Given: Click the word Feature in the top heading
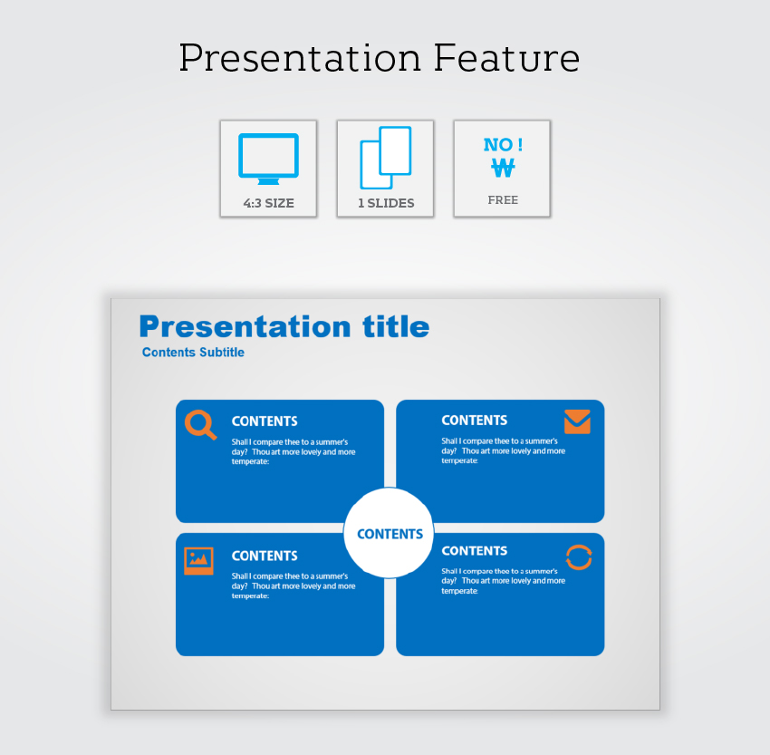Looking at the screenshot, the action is [506, 58].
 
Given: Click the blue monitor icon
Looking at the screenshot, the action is [269, 159].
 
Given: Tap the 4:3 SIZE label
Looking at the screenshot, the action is [269, 203].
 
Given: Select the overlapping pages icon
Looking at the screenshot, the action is [386, 158].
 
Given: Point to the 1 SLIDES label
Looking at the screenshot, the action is [386, 203].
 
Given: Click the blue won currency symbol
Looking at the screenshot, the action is [503, 168].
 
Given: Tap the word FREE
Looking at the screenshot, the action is [503, 200].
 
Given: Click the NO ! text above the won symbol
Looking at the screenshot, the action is [503, 144].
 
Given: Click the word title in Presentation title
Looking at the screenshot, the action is [396, 326].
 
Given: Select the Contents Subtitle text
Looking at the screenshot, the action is [193, 353].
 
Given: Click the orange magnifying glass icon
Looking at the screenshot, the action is [200, 424].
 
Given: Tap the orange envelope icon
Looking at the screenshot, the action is [577, 421].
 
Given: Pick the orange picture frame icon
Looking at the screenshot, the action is [199, 560].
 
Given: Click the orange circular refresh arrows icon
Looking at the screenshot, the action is [579, 557].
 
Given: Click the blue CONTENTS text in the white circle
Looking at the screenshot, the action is [390, 534].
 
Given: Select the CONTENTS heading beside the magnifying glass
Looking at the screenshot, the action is [265, 421].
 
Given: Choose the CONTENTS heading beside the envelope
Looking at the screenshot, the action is [475, 420].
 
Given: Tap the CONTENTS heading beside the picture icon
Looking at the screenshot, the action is [265, 556].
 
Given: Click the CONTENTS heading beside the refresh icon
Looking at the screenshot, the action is [475, 551].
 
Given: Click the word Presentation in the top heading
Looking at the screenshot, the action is [300, 58].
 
